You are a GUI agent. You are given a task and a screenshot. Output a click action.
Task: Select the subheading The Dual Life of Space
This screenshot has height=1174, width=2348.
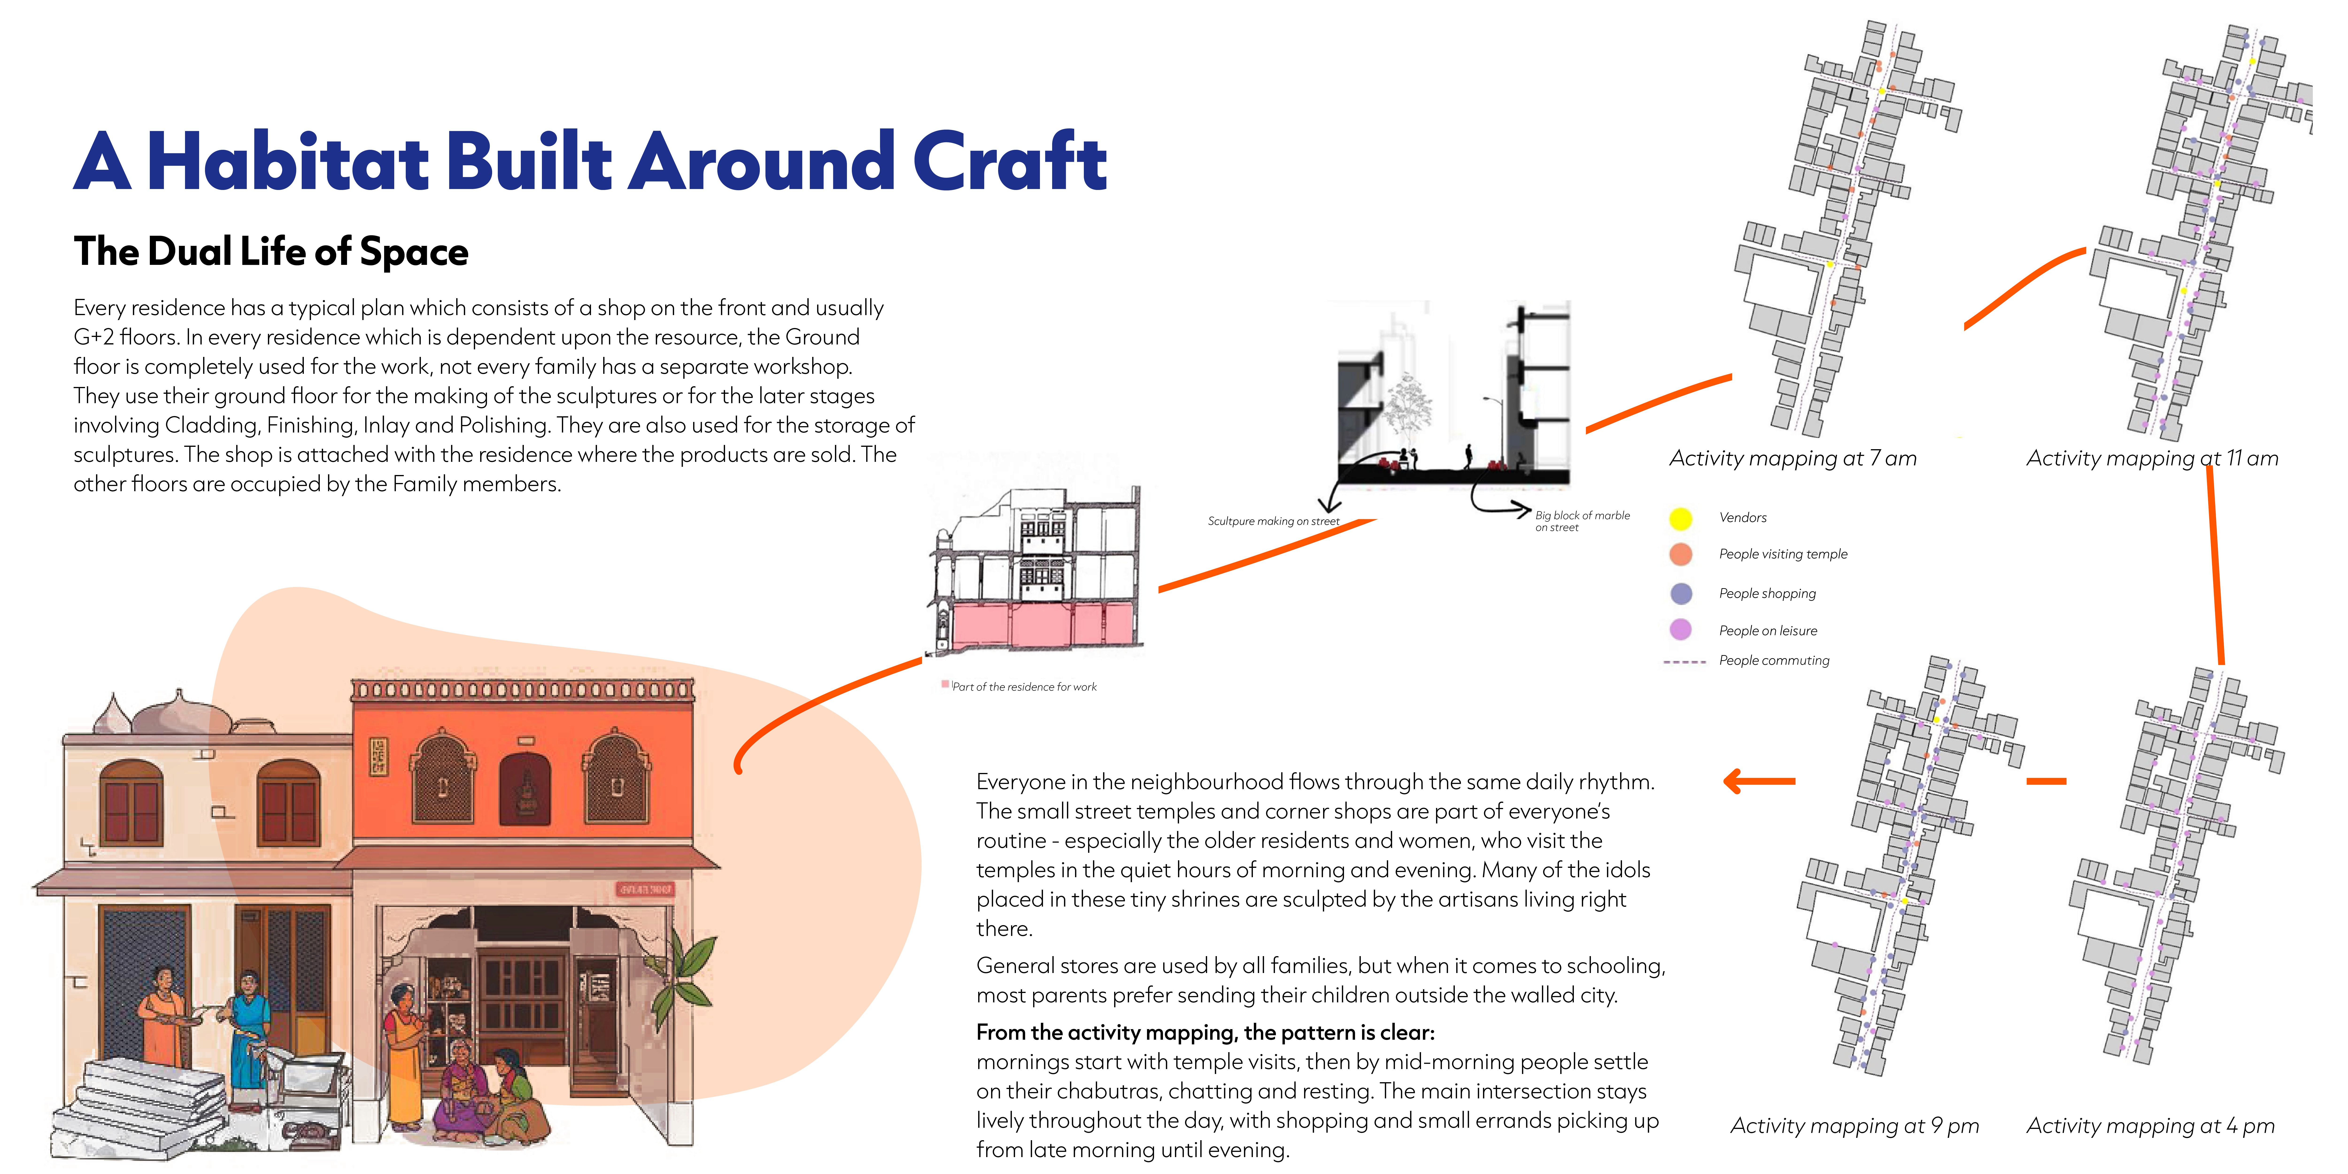[271, 251]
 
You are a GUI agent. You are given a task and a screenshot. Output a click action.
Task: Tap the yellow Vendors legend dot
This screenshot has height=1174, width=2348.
[1680, 519]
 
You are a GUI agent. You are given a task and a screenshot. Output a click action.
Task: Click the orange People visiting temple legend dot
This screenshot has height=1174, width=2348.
[1680, 554]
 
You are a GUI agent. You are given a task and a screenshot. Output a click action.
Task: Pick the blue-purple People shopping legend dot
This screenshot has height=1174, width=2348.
[1680, 593]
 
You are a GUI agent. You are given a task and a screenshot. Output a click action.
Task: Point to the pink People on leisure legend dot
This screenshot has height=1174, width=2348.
[1680, 630]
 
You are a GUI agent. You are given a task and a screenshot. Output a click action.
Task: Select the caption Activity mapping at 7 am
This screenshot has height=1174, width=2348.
[1792, 459]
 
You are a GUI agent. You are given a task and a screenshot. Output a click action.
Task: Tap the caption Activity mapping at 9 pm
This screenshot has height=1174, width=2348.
[1854, 1126]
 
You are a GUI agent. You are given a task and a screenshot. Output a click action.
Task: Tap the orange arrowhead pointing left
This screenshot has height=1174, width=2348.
[1734, 781]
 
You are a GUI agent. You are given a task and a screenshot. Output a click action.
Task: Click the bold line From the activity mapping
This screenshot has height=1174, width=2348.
[1205, 1033]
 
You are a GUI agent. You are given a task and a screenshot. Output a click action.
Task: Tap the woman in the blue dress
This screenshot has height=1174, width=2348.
[249, 1030]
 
